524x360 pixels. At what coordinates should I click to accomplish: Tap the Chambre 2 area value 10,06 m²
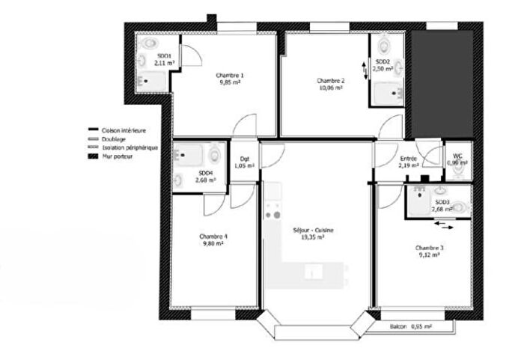[x=330, y=88]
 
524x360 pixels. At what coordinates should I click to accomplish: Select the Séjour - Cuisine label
[x=309, y=230]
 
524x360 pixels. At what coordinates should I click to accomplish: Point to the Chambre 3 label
[x=430, y=247]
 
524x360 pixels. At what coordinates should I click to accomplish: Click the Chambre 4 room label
[x=215, y=236]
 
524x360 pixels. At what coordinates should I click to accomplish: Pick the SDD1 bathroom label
[x=164, y=57]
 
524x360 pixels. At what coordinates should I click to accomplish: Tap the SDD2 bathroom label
[x=383, y=61]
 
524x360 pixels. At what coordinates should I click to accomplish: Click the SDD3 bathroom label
[x=442, y=202]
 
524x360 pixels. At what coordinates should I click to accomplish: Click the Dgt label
[x=244, y=159]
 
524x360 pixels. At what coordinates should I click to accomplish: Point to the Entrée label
[x=408, y=158]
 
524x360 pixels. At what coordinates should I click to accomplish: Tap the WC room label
[x=457, y=156]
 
